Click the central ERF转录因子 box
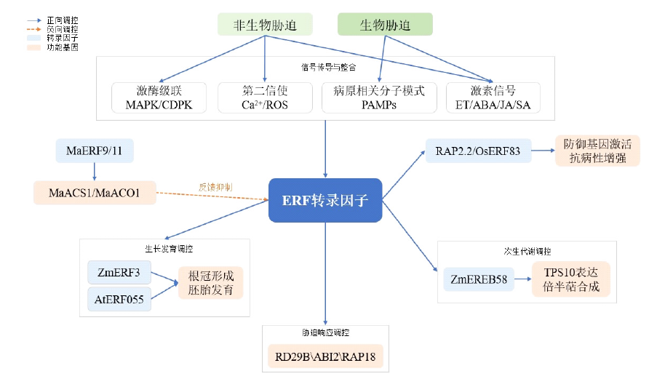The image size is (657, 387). [x=325, y=200]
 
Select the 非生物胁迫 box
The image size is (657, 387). [x=265, y=25]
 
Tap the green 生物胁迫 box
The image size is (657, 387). [x=385, y=25]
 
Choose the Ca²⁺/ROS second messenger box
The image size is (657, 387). [x=265, y=97]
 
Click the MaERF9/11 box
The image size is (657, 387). [x=94, y=152]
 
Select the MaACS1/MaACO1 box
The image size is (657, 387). [x=94, y=193]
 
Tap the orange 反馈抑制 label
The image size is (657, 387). [x=215, y=186]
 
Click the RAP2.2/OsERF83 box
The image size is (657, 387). [x=478, y=151]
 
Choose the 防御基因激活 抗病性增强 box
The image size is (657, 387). [x=597, y=151]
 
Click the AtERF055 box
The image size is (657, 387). [x=119, y=299]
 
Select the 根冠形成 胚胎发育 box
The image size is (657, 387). [x=212, y=284]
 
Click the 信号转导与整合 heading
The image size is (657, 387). [x=328, y=67]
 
